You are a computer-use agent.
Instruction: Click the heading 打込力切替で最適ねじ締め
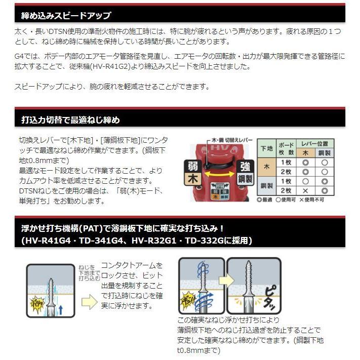point(70,120)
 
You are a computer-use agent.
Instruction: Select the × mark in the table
point(305,190)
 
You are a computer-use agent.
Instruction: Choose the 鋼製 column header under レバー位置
point(325,153)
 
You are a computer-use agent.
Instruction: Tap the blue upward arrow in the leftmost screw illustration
point(60,308)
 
